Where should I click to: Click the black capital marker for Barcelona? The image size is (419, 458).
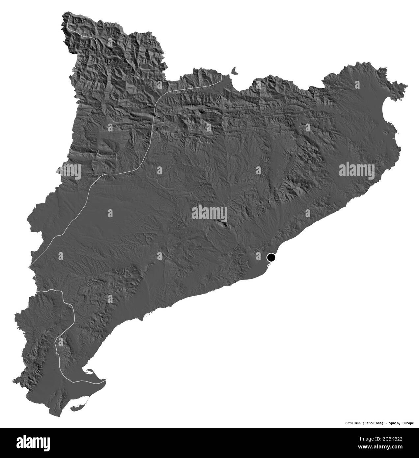[x=271, y=257]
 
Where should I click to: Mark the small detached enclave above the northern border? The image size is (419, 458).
[x=235, y=71]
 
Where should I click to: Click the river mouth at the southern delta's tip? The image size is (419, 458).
[x=105, y=382]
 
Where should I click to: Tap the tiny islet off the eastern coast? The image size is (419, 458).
[x=399, y=134]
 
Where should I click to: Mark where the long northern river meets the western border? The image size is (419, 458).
[x=30, y=265]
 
